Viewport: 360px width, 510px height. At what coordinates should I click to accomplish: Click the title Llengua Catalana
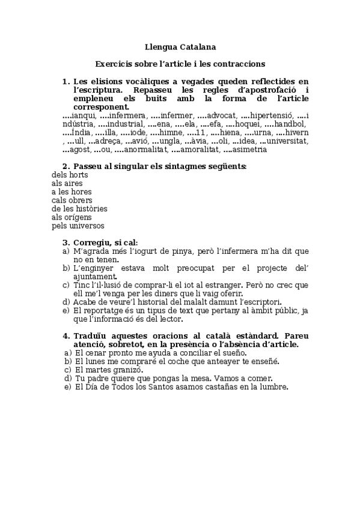pyautogui.click(x=180, y=46)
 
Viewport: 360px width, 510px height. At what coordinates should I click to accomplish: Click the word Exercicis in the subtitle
pyautogui.click(x=113, y=63)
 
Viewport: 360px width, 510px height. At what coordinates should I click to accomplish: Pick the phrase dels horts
pyautogui.click(x=66, y=174)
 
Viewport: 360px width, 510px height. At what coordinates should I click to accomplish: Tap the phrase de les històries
pyautogui.click(x=79, y=209)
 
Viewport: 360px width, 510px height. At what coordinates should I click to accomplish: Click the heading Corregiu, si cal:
pyautogui.click(x=105, y=242)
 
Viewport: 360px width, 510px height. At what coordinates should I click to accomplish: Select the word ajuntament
pyautogui.click(x=94, y=276)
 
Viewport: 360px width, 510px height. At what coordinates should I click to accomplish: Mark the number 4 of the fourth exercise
pyautogui.click(x=66, y=335)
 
